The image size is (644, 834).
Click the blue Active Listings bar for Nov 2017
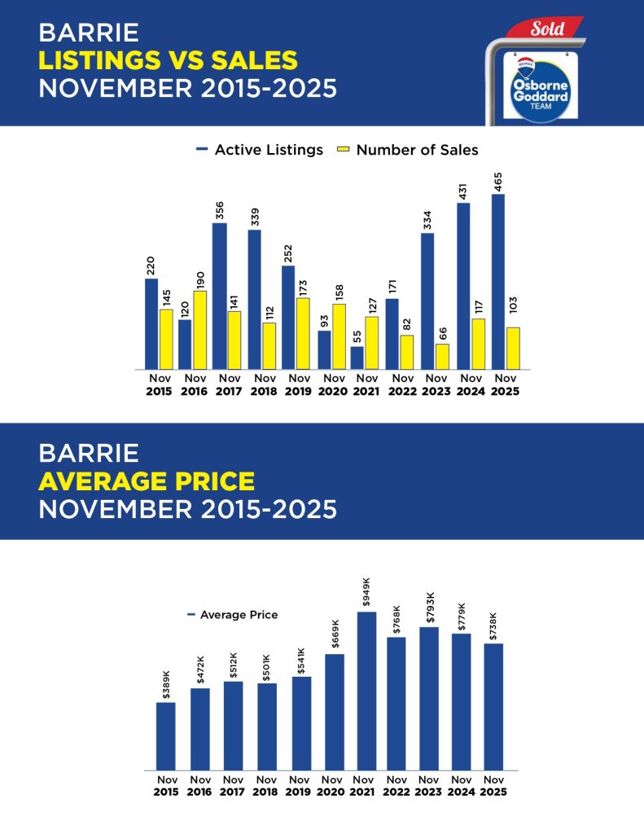pos(219,296)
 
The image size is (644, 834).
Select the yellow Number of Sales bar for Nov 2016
pos(199,330)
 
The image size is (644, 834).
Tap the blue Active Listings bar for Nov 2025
pos(498,282)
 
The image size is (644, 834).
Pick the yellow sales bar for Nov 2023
pos(442,357)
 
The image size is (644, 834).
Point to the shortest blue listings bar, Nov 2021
pos(357,358)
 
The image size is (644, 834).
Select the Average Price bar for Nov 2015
pos(165,736)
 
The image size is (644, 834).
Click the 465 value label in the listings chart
pos(498,181)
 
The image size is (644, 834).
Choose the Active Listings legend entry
pos(260,150)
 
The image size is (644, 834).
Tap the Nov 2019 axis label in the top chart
pos(300,384)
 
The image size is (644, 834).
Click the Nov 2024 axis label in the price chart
pos(461,785)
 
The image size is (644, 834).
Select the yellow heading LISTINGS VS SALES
pos(169,59)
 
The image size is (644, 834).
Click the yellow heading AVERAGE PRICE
pos(147,481)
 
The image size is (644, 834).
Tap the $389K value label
pos(166,685)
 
